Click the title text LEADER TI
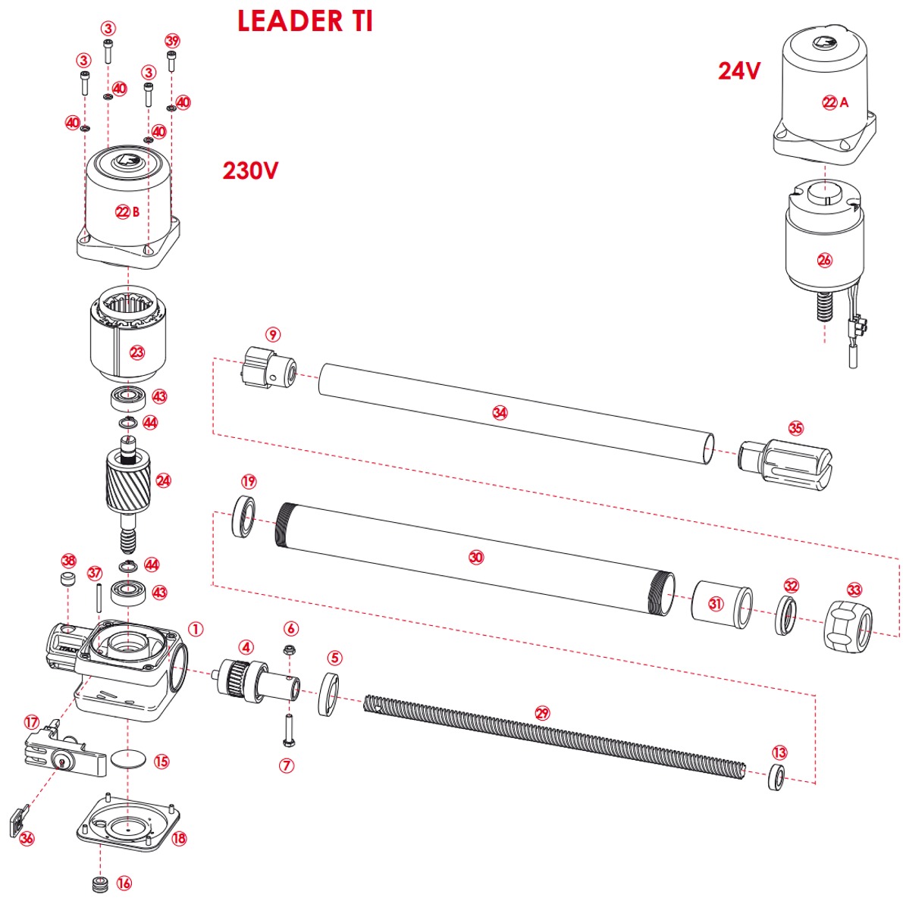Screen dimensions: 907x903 (x=305, y=21)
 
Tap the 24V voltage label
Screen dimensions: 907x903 (x=739, y=70)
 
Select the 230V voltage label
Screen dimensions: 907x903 (x=250, y=170)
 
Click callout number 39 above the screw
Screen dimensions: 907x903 (x=172, y=40)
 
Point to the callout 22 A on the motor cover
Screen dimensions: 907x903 (x=835, y=102)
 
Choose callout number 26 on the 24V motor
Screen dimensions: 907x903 (x=824, y=260)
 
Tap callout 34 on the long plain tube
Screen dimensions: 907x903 (x=499, y=413)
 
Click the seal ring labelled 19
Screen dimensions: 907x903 (x=244, y=517)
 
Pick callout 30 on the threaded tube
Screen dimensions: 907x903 (x=475, y=558)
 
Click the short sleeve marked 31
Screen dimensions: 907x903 (x=722, y=605)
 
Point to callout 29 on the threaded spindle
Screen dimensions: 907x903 (x=541, y=713)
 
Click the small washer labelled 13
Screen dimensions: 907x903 (x=776, y=777)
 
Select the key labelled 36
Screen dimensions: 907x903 (x=17, y=824)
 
